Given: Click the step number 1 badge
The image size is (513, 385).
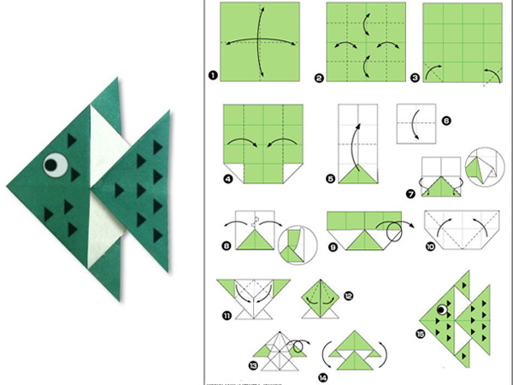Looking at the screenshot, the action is click(213, 75).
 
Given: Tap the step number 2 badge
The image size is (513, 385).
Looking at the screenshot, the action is click(319, 78).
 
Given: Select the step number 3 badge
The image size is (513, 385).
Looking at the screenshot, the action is click(415, 78).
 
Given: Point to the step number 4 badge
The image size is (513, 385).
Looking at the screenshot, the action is click(228, 179).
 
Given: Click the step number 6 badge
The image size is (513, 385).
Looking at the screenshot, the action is click(446, 121).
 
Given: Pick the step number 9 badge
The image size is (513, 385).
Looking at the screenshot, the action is click(333, 247).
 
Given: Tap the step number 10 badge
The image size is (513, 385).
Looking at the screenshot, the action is click(430, 246).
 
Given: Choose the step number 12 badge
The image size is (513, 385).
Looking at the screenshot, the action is click(348, 296).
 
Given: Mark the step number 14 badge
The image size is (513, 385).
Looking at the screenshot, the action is click(323, 378).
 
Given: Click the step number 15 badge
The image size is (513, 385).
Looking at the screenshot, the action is click(421, 334).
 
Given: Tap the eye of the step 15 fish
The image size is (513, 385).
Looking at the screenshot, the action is click(442, 310).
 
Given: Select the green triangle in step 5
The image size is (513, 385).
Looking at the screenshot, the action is click(358, 174).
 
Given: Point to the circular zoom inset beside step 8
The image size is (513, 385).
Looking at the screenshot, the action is click(298, 246).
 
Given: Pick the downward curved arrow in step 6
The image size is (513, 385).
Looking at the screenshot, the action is click(414, 124).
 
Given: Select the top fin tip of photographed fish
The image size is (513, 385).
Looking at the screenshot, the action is click(117, 78).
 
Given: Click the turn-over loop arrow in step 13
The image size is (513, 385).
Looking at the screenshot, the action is click(298, 346).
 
